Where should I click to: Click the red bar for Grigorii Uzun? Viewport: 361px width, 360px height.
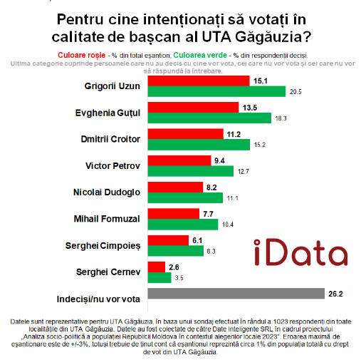199,81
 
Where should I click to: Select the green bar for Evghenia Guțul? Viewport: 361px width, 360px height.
209,118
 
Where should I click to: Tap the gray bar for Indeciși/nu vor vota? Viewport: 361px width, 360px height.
236,293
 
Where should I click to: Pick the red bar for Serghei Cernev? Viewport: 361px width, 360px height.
157,267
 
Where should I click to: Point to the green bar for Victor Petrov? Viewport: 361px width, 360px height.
191,171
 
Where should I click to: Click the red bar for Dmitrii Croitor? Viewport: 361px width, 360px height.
185,134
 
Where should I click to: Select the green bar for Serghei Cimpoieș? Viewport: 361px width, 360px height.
176,251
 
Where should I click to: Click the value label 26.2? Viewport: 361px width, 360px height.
335,294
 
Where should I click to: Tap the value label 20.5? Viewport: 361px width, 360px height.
295,92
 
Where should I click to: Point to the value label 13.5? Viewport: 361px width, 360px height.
250,108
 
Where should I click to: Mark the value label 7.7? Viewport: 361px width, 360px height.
208,214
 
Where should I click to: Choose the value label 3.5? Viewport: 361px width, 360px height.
179,278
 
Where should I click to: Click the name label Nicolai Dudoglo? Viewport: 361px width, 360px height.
107,192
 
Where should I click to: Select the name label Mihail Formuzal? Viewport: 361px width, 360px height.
107,219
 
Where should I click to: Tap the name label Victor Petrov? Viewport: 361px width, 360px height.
113,166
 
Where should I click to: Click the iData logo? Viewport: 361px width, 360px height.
300,252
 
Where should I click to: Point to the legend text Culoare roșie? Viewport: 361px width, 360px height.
82,55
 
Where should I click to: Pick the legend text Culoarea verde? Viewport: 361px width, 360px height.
200,55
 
